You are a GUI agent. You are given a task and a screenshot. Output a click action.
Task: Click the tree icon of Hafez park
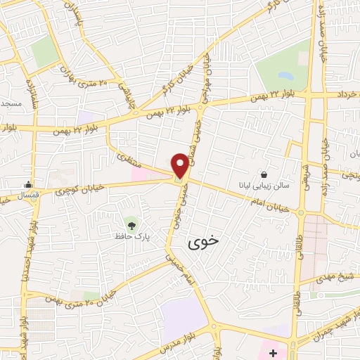(x=129, y=224)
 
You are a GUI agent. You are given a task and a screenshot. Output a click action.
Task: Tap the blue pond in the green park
(x=285, y=77)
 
